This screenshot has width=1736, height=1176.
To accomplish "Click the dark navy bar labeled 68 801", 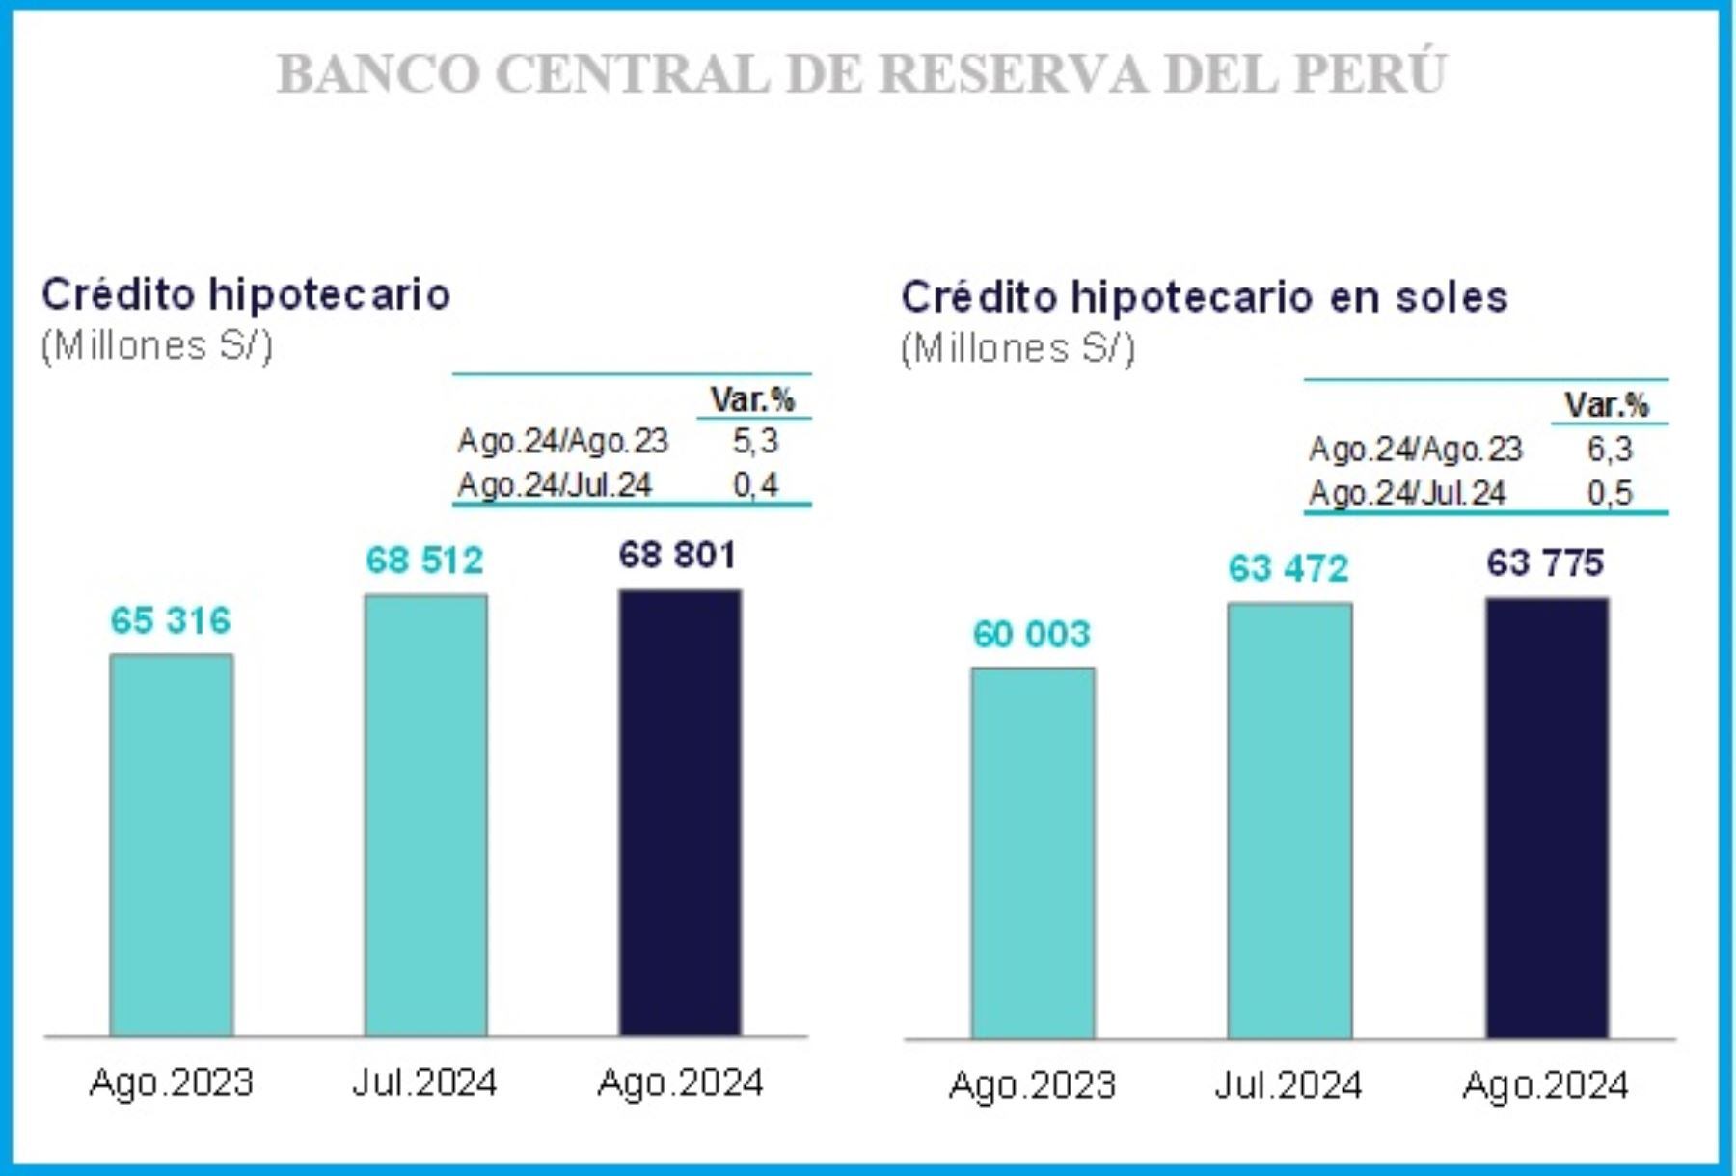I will pyautogui.click(x=680, y=812).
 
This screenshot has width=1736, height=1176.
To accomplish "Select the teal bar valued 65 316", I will pyautogui.click(x=171, y=845).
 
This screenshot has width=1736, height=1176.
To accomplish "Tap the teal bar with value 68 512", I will pyautogui.click(x=425, y=815).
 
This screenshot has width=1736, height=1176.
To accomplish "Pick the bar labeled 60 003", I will pyautogui.click(x=1032, y=853).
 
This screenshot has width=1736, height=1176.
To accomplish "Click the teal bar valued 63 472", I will pyautogui.click(x=1289, y=821).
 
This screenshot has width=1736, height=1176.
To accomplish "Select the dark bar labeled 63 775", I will pyautogui.click(x=1546, y=818).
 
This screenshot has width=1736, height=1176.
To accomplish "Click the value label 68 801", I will pyautogui.click(x=677, y=556).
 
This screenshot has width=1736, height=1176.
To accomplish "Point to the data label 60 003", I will pyautogui.click(x=1031, y=634).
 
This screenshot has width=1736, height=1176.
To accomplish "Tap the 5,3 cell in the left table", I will pyautogui.click(x=754, y=441).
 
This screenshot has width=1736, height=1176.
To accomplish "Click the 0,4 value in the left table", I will pyautogui.click(x=754, y=484).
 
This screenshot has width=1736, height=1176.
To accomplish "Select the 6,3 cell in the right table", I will pyautogui.click(x=1609, y=449).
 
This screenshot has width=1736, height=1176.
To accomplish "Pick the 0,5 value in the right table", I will pyautogui.click(x=1609, y=493).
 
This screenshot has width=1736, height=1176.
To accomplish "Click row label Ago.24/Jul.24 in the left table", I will pyautogui.click(x=555, y=484).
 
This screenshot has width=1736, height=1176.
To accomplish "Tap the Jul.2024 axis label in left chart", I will pyautogui.click(x=424, y=1082).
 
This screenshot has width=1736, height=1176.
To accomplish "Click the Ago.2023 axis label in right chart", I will pyautogui.click(x=1031, y=1085).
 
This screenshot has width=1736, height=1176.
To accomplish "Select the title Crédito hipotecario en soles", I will pyautogui.click(x=1204, y=297).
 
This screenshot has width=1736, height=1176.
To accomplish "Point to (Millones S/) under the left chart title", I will pyautogui.click(x=157, y=345).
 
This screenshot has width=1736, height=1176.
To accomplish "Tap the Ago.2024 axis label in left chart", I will pyautogui.click(x=680, y=1082).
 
